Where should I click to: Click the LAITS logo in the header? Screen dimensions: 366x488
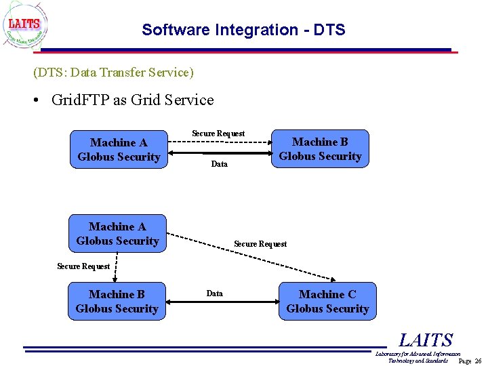coord(26,26)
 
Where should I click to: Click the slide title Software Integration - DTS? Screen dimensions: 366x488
coord(243,30)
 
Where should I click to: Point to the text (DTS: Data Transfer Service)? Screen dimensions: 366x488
coord(113,72)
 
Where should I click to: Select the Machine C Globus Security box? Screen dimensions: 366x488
coord(327,302)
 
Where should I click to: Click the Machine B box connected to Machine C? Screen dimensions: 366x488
coord(117,302)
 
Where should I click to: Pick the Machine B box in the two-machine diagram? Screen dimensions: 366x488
coord(320,149)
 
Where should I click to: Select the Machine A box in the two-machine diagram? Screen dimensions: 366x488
coord(119,149)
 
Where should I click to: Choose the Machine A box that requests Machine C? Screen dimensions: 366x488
coord(117,234)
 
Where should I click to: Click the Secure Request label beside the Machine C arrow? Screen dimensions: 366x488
coord(260,244)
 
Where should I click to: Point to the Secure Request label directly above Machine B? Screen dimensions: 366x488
coord(83,266)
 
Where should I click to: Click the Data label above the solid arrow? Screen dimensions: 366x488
coord(214,293)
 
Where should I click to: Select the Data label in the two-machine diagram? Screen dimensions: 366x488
coord(220,164)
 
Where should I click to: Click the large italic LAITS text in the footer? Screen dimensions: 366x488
coord(425,340)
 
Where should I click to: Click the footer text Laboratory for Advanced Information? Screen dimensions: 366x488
coord(418,354)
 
